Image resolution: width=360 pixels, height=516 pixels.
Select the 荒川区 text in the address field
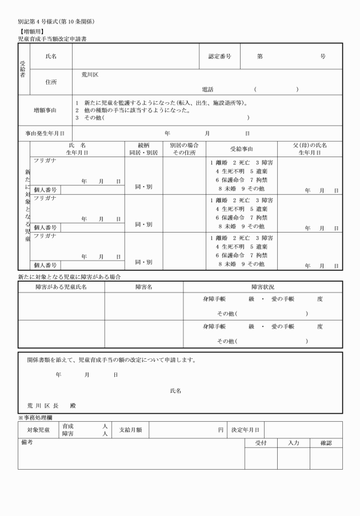(90, 74)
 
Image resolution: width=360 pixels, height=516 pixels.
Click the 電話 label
(207, 89)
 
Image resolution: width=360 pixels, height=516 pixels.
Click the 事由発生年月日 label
(45, 133)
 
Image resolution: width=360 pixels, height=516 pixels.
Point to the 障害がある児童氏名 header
(61, 287)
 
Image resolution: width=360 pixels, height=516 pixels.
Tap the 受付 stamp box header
(261, 443)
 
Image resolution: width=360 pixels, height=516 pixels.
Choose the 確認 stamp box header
(326, 443)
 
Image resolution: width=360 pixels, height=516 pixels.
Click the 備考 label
(26, 442)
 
